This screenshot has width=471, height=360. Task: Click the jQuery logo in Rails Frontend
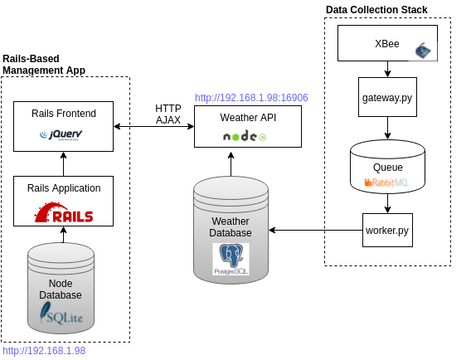[x=61, y=135]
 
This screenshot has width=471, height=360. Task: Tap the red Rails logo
[x=64, y=212]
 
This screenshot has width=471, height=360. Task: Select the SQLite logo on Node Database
[x=61, y=314]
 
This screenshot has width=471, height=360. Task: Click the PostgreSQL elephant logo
[x=231, y=259]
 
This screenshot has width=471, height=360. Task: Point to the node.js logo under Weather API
[x=245, y=136]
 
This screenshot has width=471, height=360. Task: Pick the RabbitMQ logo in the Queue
[x=387, y=182]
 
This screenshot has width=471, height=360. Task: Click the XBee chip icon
[x=423, y=51]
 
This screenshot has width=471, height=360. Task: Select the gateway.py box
[x=387, y=97]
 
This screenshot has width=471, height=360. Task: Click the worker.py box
[x=387, y=230]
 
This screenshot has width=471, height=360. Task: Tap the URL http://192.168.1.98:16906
[x=251, y=98]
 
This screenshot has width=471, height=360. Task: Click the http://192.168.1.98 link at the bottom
[x=44, y=351]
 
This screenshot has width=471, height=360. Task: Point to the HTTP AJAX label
[x=168, y=114]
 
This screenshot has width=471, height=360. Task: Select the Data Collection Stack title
[x=376, y=10]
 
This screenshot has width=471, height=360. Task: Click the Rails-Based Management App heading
[x=44, y=65]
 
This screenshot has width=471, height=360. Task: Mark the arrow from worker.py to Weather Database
[x=316, y=230]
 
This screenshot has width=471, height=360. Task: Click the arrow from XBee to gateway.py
[x=387, y=69]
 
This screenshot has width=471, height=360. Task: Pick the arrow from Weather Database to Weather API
[x=231, y=164]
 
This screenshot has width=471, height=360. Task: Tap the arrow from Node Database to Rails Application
[x=63, y=235]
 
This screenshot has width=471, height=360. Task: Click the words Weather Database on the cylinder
[x=231, y=227]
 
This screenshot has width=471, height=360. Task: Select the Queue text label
[x=388, y=168]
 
